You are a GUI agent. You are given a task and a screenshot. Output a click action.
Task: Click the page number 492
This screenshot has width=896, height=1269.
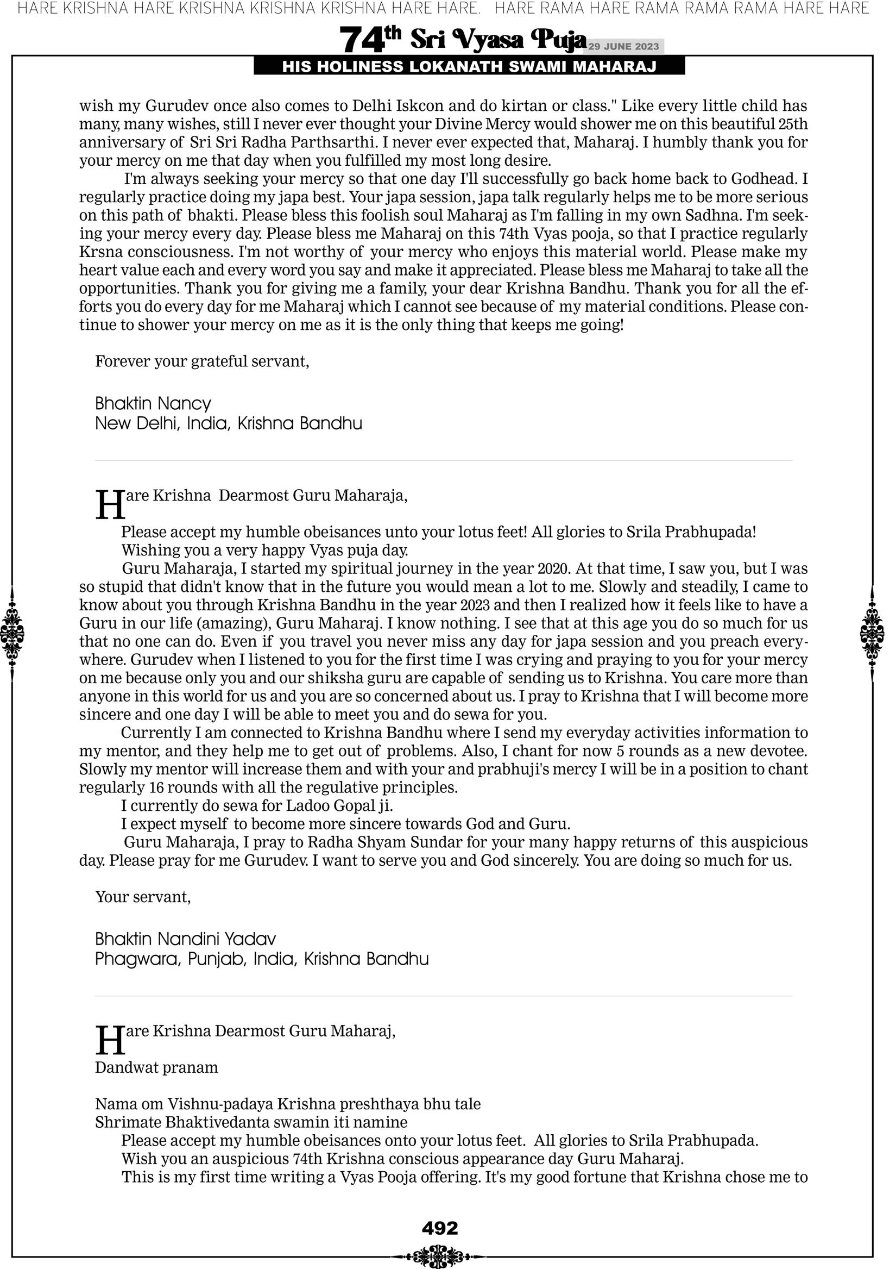click(440, 1228)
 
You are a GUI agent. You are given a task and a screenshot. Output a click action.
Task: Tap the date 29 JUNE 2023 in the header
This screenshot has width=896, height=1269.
click(623, 46)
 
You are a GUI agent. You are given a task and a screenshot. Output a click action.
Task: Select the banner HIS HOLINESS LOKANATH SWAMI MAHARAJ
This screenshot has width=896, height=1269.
click(469, 67)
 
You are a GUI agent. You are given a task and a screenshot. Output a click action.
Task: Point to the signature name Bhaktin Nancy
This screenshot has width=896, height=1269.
click(153, 403)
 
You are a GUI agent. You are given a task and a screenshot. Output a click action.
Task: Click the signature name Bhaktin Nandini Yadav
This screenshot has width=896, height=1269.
click(186, 939)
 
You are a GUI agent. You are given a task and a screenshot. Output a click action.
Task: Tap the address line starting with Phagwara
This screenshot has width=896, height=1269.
click(262, 959)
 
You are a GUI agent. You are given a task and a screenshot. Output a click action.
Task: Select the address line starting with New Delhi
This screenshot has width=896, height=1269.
click(229, 423)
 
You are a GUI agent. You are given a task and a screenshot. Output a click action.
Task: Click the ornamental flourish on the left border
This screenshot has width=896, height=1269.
click(12, 633)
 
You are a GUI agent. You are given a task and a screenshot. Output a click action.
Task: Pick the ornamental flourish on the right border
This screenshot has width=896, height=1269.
click(872, 633)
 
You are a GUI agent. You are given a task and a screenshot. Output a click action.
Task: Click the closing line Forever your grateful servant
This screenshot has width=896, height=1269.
click(202, 361)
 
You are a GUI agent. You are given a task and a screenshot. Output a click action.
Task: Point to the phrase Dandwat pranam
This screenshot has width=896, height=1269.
click(156, 1067)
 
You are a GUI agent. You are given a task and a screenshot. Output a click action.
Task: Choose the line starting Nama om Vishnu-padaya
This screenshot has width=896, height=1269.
click(288, 1104)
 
